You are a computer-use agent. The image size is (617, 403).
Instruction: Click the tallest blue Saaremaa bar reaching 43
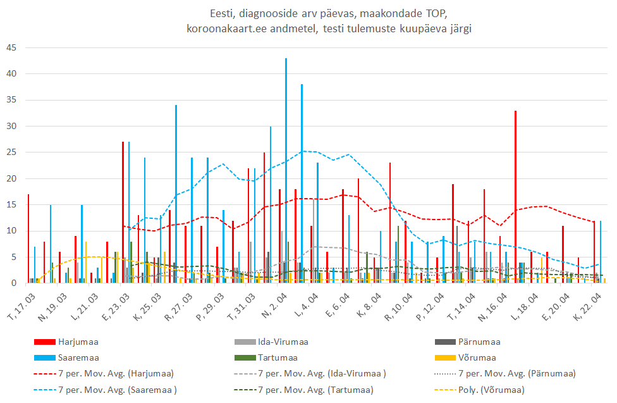click(x=286, y=171)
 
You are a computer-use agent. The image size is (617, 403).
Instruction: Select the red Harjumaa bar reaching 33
click(x=516, y=196)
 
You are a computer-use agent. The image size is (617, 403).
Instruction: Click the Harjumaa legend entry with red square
click(x=78, y=342)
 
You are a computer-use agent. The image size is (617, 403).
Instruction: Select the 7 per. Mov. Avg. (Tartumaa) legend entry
click(x=315, y=390)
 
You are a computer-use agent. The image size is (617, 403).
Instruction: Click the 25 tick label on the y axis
click(x=12, y=152)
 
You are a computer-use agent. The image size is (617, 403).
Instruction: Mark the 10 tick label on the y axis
click(x=12, y=231)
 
